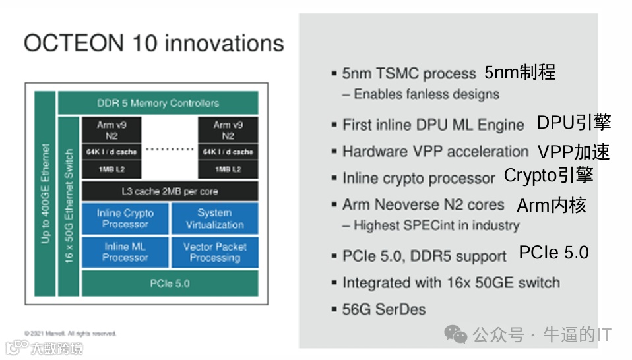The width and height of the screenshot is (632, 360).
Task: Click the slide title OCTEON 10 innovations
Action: point(154,44)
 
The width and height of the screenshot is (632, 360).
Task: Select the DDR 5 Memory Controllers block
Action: point(158,104)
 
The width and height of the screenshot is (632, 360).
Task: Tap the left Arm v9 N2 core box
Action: point(108,131)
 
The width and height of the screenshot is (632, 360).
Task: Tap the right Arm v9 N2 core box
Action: point(228,131)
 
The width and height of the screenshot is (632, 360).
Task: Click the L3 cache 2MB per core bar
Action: point(170,191)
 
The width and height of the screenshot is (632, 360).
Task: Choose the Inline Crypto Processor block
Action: point(125,218)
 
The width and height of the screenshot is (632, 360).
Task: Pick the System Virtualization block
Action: point(214,218)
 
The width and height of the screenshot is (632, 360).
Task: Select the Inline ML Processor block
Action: point(125,252)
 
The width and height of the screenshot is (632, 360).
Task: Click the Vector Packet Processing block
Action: point(214,252)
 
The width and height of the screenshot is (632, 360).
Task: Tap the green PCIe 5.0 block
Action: point(170,284)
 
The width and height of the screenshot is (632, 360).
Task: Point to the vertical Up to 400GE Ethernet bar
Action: point(45,195)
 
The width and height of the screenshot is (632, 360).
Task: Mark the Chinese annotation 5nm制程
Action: point(520,73)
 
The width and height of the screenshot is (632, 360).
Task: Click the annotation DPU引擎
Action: point(573,123)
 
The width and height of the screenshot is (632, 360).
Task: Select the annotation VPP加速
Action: point(573,152)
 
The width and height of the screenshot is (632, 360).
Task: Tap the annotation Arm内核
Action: point(552,205)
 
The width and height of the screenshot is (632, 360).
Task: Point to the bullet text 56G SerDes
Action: point(383,309)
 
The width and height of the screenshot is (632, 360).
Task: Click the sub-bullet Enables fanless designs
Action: point(420,94)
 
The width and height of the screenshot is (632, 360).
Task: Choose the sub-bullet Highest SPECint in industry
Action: point(430,225)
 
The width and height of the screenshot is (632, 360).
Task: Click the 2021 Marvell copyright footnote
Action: point(70,334)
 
